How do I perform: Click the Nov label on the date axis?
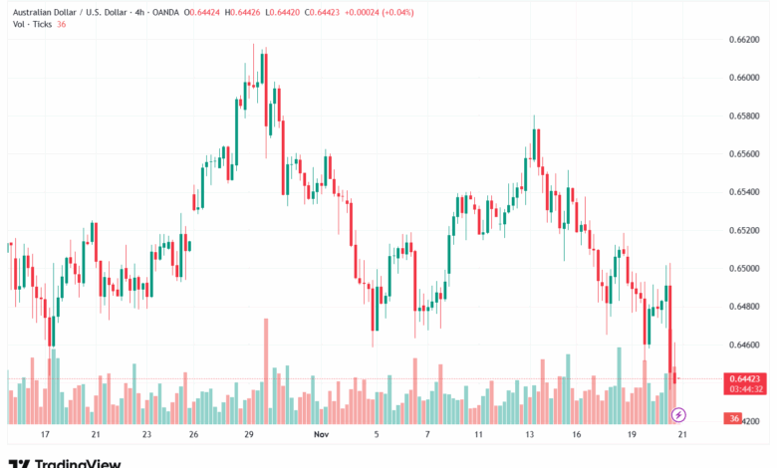(x=321, y=435)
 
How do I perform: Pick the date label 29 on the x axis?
(x=249, y=435)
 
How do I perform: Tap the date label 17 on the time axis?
(x=45, y=435)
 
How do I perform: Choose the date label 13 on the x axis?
(x=532, y=435)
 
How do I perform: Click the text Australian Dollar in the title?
(x=44, y=12)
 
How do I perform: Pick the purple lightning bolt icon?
(x=679, y=413)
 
